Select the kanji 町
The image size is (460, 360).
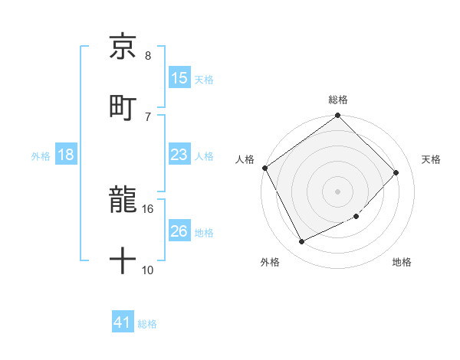pos(123,106)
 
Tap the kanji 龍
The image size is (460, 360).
pos(123,201)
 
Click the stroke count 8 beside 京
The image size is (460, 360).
pos(148,56)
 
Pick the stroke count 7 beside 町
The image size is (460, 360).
pos(148,116)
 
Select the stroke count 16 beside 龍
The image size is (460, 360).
pos(148,208)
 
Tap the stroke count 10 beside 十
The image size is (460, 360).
pos(148,270)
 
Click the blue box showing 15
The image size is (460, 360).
pos(179,78)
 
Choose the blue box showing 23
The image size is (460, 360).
pos(179,155)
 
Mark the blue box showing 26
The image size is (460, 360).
pos(179,231)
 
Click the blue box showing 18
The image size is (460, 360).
pos(66,155)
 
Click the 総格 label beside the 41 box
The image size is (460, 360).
pos(147,324)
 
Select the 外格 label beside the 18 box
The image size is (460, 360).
pos(41,155)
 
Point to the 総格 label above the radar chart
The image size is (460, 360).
pos(338,100)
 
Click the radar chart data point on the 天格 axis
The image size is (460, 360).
pos(396,172)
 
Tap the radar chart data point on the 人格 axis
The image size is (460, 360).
pos(264,168)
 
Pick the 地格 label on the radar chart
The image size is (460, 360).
pos(402,263)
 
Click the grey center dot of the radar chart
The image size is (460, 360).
pos(338,191)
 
